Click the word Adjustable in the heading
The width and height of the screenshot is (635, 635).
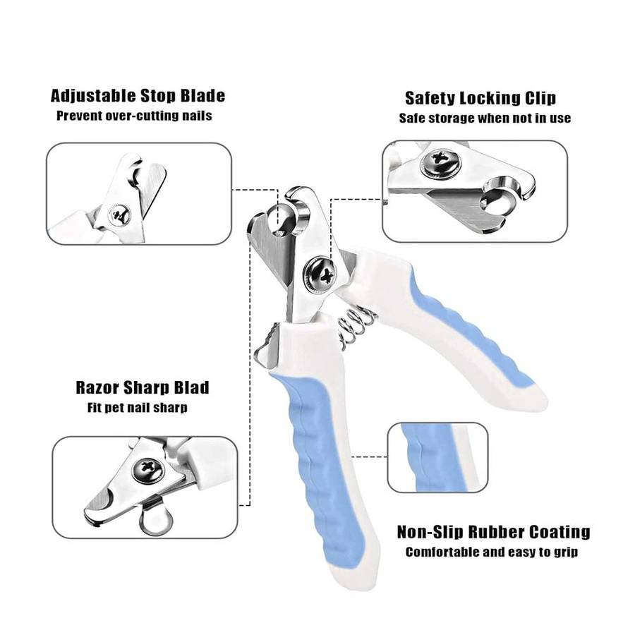click(93, 96)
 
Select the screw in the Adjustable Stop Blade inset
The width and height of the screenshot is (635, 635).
click(119, 214)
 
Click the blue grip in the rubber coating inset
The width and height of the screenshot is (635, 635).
click(430, 456)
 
